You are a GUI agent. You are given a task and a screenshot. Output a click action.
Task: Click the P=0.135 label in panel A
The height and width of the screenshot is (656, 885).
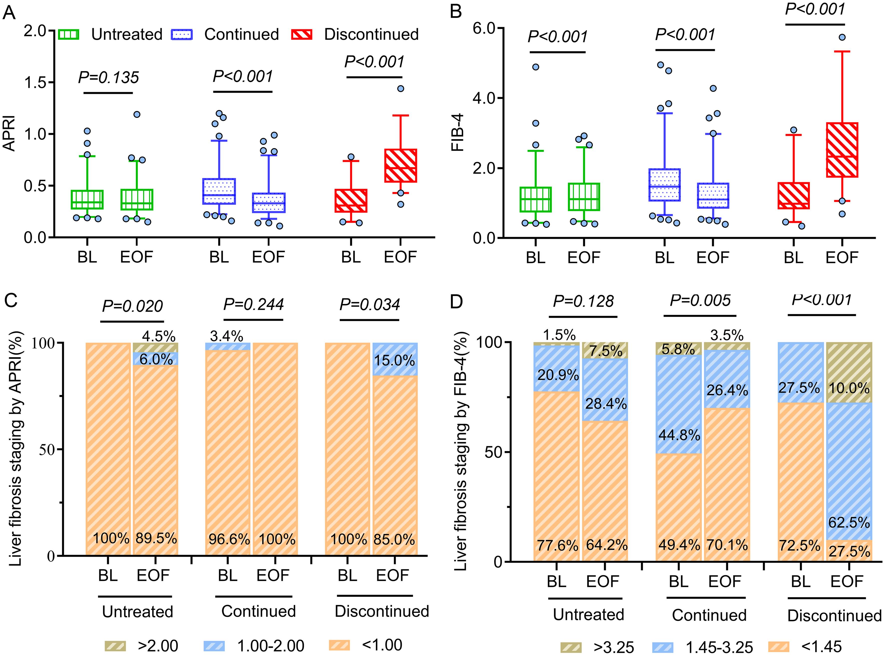[x=109, y=77]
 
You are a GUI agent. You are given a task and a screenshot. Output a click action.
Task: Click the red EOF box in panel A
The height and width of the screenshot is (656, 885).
[x=400, y=166]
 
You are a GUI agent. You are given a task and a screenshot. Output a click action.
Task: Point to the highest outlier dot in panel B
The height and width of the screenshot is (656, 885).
[x=842, y=37]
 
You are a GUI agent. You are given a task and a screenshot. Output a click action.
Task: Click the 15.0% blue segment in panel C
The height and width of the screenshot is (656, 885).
[x=395, y=359]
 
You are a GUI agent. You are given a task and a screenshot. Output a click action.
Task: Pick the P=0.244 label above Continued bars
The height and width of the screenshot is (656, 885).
[x=253, y=305]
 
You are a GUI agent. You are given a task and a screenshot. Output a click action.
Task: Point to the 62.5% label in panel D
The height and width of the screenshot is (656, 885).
[x=849, y=523]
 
